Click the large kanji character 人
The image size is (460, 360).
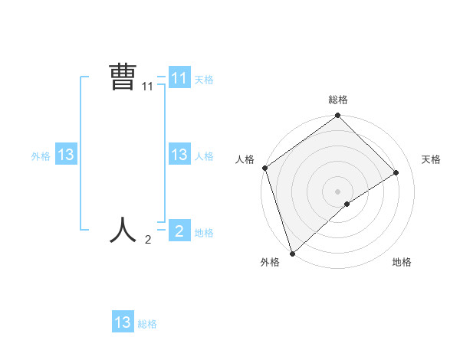(123, 229)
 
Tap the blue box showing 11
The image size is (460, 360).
(179, 78)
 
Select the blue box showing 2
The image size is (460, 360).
(179, 230)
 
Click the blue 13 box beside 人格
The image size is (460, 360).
(179, 154)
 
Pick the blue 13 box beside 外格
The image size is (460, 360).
(66, 155)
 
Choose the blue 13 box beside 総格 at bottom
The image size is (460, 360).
(123, 322)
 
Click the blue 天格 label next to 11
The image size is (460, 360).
(204, 79)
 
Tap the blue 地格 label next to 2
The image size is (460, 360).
(204, 233)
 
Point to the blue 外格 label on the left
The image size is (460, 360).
(41, 156)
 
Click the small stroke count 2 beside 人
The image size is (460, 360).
(148, 240)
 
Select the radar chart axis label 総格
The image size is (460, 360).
(338, 100)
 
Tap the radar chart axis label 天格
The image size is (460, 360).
(431, 159)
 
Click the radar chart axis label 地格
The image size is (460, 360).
(402, 262)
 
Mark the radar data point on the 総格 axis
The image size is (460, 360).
(337, 116)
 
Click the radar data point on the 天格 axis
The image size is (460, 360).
(396, 172)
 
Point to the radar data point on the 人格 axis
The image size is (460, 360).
(264, 168)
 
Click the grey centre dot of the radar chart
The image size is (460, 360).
(337, 191)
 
